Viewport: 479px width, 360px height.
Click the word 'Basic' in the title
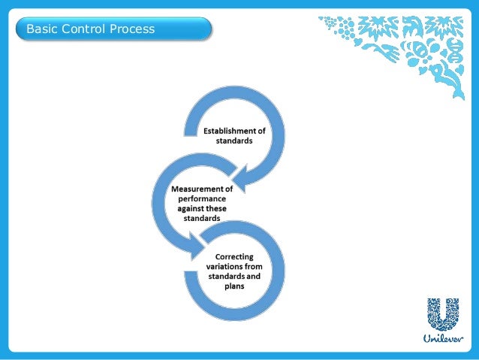(41, 29)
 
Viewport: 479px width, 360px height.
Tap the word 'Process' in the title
(129, 29)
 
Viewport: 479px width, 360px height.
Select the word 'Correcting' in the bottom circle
(234, 256)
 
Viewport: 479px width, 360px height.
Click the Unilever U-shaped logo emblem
(443, 314)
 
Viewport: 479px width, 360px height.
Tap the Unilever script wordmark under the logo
(443, 338)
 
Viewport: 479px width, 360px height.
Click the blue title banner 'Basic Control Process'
(113, 29)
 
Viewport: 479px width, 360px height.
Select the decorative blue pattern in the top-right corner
(398, 45)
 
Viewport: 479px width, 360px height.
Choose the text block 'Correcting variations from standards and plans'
(234, 271)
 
